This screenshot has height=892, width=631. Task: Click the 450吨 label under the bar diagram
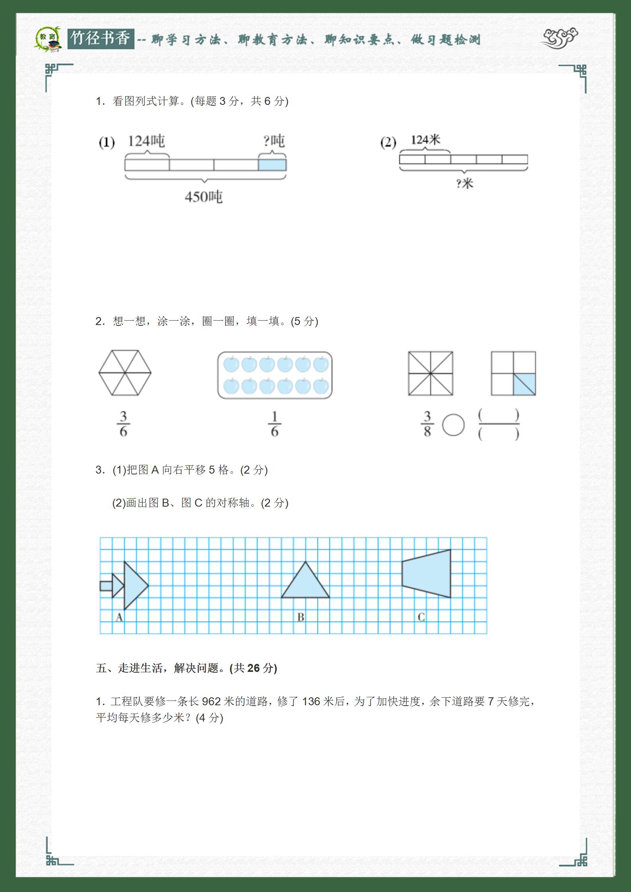(x=203, y=197)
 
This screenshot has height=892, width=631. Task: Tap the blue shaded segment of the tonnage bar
(x=272, y=164)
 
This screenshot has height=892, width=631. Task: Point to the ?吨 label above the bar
(x=274, y=141)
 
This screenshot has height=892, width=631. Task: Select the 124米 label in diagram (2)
(x=425, y=140)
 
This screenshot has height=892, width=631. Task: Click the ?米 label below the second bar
(x=464, y=184)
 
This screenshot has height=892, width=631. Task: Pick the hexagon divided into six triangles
(x=125, y=373)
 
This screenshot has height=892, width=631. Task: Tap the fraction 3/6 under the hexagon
(x=123, y=424)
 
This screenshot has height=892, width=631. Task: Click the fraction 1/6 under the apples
(x=274, y=424)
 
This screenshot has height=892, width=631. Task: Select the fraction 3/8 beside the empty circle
(x=427, y=424)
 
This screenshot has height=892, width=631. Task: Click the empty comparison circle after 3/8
(x=453, y=425)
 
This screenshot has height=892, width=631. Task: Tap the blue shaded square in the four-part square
(x=524, y=384)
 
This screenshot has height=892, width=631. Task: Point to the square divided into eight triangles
(x=430, y=373)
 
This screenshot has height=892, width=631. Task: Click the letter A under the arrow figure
(x=119, y=617)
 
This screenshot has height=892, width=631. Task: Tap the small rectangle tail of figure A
(x=106, y=586)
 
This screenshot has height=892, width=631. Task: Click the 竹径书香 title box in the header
(x=101, y=39)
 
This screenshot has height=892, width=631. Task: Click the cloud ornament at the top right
(x=559, y=38)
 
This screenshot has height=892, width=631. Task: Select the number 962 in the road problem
(x=211, y=701)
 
